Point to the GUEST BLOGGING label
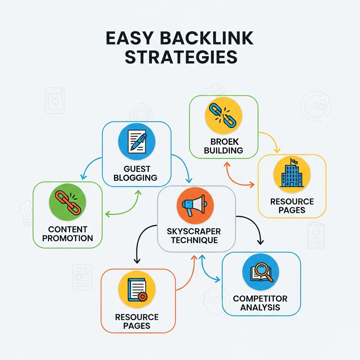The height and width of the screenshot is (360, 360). [x=135, y=173]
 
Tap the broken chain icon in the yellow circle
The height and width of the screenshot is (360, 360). [x=224, y=115]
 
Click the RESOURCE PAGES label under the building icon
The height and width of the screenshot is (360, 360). [x=292, y=206]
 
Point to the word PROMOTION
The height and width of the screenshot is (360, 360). [x=67, y=238]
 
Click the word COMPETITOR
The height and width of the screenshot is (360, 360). [x=260, y=299]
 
